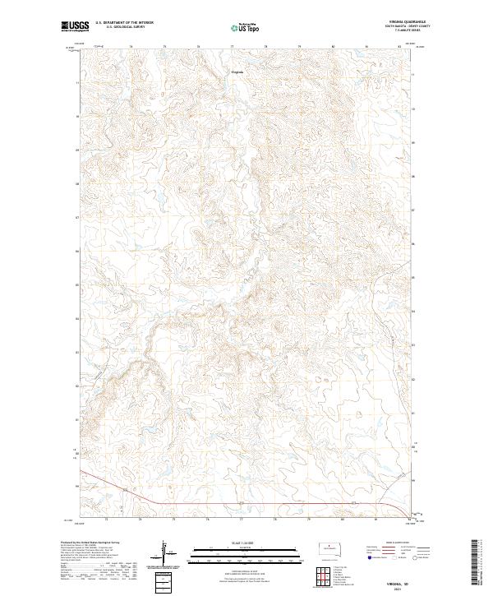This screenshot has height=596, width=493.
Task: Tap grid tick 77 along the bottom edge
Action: pyautogui.click(x=242, y=520)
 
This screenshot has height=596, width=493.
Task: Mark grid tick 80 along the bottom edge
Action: pyautogui.click(x=342, y=520)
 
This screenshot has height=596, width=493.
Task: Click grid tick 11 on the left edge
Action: pyautogui.click(x=78, y=83)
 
